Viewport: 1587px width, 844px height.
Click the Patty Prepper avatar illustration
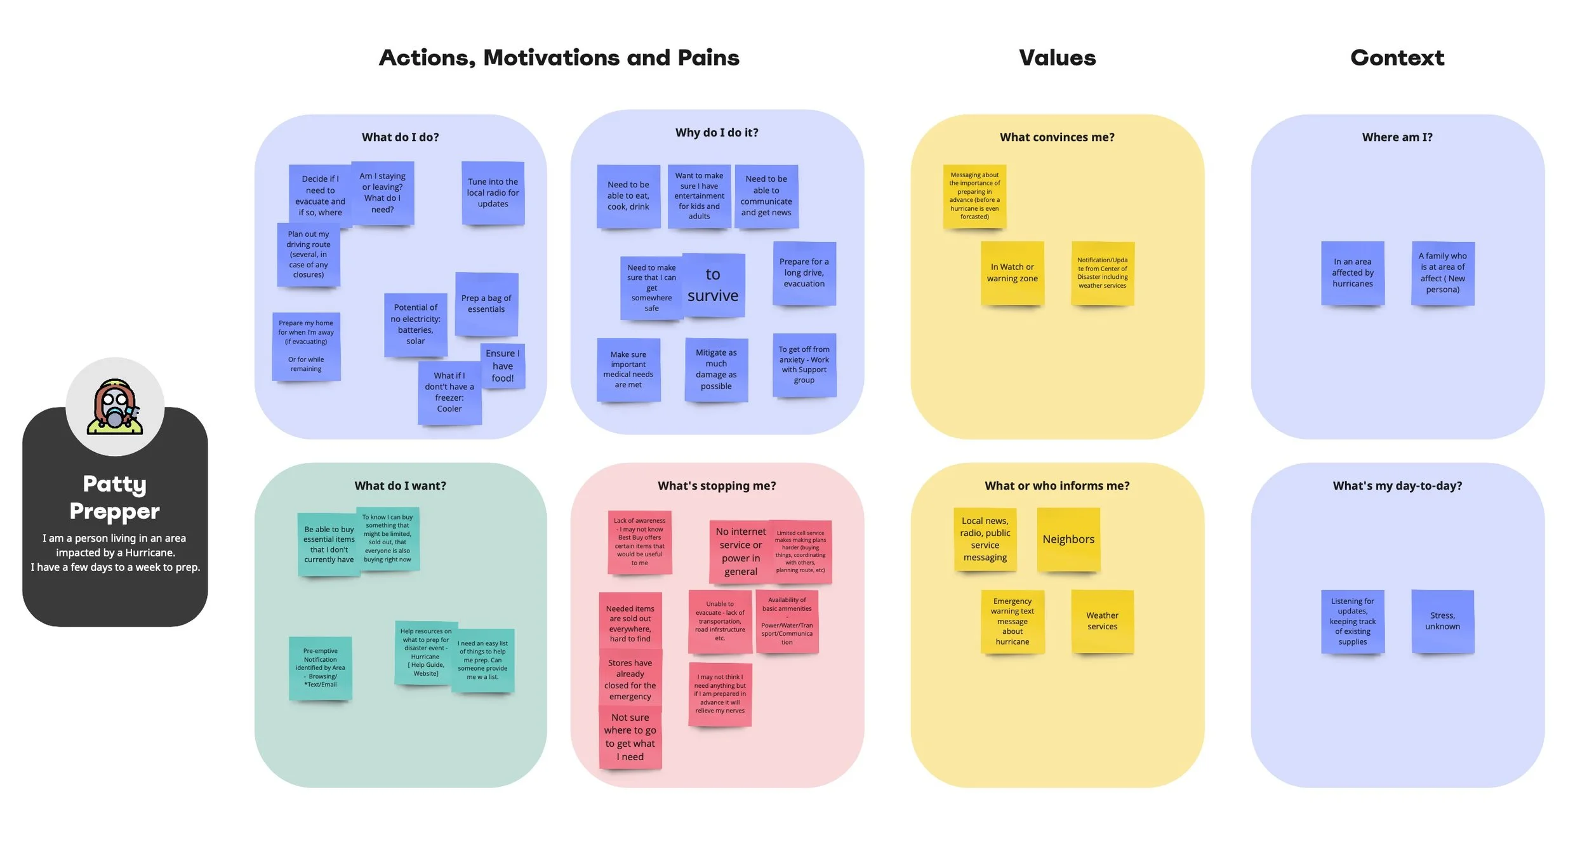115,407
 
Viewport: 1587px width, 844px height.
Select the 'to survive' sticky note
713,285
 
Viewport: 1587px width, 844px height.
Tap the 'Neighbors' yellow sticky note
1068,539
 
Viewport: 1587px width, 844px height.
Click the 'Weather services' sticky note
1102,621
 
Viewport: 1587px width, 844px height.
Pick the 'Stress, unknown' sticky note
1442,621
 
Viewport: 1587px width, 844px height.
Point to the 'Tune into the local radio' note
493,193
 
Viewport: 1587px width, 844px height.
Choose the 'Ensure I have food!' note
503,366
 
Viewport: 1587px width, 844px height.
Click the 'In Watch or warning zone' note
1012,273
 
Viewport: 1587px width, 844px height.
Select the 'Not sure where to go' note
630,737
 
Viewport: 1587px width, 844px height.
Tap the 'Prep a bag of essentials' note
486,304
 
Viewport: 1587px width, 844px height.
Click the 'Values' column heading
1057,58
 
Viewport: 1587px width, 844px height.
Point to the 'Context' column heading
1397,58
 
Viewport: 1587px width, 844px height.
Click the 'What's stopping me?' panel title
717,486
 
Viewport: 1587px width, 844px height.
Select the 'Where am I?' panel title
1397,137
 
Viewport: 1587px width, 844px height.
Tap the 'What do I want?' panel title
400,486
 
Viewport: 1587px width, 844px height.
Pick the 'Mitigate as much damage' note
716,370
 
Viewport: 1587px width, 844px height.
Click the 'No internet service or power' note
740,551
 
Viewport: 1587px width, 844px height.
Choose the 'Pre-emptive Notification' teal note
321,668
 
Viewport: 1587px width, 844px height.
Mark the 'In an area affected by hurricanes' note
1352,273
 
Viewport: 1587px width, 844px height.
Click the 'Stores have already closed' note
630,680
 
